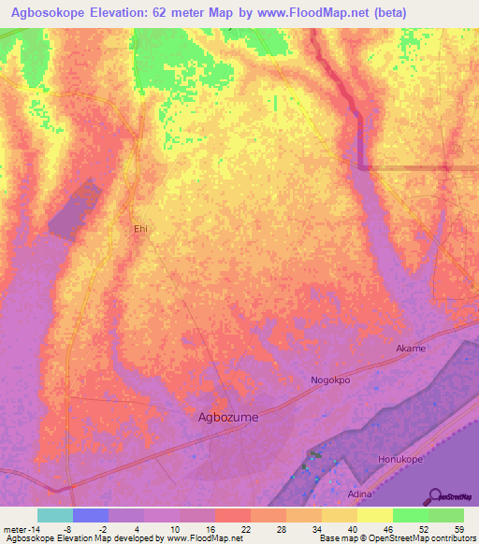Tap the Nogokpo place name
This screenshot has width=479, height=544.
[330, 380]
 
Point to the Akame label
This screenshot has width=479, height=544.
[411, 349]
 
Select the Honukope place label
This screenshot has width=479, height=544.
[400, 460]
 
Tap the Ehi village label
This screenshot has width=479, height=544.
[140, 228]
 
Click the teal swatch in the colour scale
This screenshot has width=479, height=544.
[55, 515]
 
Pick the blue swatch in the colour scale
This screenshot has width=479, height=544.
[91, 515]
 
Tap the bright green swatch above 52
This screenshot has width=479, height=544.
[411, 515]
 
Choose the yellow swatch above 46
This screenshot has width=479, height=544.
[375, 515]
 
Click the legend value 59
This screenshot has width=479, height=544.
[457, 529]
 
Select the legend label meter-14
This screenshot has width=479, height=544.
[20, 529]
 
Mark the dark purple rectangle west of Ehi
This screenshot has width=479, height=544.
[74, 210]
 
